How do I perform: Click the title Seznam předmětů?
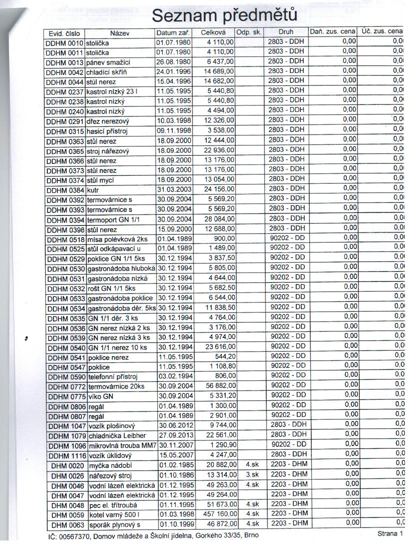(224, 15)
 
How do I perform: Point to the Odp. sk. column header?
(248, 33)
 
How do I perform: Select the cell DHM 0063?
(68, 524)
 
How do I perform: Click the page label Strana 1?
(390, 534)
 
